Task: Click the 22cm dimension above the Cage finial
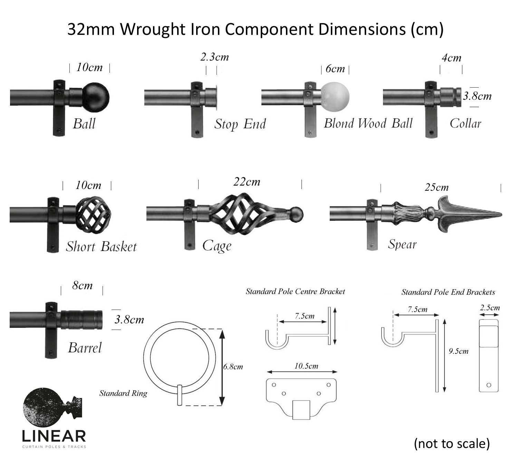[247, 182]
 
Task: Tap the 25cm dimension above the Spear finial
[437, 187]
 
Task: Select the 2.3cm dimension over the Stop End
[214, 57]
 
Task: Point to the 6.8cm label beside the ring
[233, 367]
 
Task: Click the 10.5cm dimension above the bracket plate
[306, 366]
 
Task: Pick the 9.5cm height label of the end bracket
[459, 351]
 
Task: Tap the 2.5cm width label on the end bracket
[490, 307]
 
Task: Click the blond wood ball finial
[335, 97]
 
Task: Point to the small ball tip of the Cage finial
[296, 215]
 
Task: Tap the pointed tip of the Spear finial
[500, 215]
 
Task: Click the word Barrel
[85, 348]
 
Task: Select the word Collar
[465, 123]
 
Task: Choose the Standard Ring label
[123, 393]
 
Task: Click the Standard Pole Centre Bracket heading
[295, 292]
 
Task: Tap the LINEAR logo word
[54, 436]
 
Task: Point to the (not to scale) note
[452, 443]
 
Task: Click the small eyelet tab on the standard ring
[180, 395]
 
